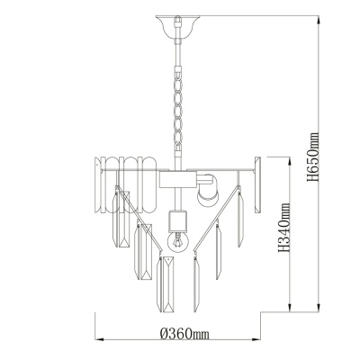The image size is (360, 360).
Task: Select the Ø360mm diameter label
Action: (183, 334)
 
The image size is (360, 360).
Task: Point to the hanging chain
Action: (176, 99)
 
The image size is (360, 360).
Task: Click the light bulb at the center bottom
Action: (176, 243)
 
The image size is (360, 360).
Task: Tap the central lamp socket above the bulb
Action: (176, 218)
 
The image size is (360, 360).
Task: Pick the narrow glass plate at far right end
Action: (261, 181)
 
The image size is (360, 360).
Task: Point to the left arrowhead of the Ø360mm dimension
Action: (98, 340)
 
